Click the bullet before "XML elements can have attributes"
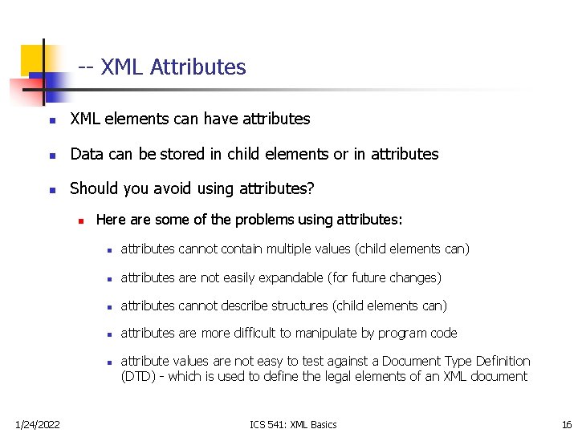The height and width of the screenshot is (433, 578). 51,120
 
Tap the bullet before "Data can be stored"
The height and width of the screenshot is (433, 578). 51,155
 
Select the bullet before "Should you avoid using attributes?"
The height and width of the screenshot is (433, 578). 51,190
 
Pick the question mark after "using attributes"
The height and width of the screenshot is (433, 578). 311,188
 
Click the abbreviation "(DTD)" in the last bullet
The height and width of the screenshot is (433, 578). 140,376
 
